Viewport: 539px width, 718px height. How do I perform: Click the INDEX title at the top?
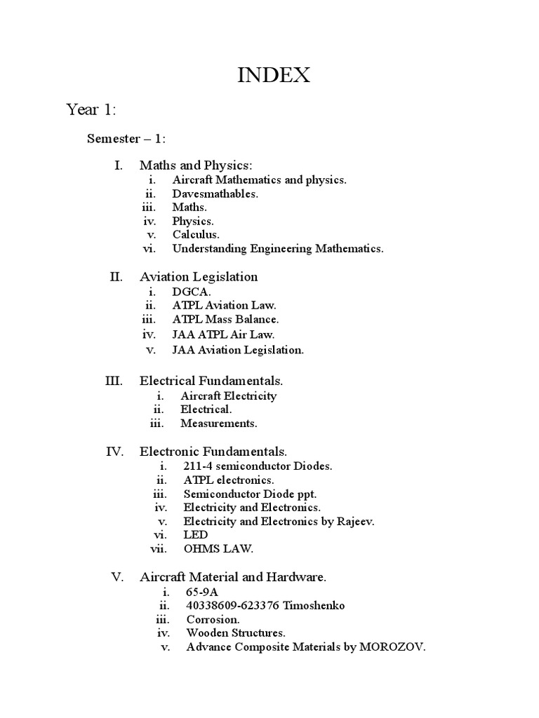274,75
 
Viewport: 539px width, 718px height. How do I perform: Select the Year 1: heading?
91,110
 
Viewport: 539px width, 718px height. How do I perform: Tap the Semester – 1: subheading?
126,138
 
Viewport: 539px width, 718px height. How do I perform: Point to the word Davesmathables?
215,194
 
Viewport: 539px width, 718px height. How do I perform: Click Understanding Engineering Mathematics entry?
278,248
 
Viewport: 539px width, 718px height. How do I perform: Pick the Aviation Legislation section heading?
199,277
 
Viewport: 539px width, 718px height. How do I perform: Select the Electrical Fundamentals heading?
211,381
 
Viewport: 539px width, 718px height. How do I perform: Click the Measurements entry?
219,424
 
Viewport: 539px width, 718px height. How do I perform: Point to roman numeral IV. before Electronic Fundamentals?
115,452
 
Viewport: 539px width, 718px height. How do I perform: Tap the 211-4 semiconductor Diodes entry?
258,466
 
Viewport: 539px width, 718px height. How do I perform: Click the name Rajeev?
357,522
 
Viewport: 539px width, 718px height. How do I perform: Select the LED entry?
196,535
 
